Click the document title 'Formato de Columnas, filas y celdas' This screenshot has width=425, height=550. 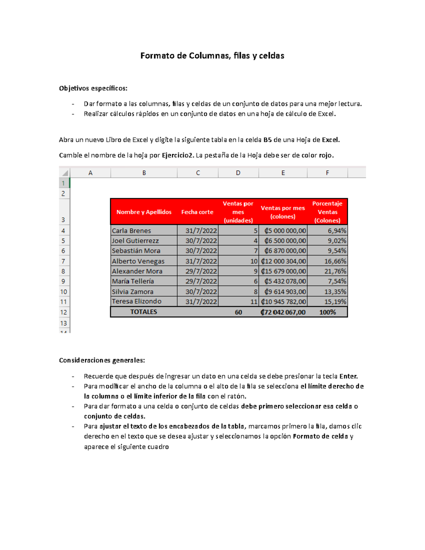(x=212, y=56)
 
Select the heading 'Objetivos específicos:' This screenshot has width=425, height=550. (x=93, y=88)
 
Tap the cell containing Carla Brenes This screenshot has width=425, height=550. (x=131, y=231)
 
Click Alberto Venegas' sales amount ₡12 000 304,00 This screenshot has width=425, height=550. (x=283, y=261)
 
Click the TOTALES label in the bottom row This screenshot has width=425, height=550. (x=143, y=312)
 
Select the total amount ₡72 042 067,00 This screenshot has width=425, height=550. (x=283, y=312)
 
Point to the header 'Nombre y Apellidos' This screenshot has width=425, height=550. (x=144, y=212)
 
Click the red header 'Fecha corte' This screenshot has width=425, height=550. (x=197, y=212)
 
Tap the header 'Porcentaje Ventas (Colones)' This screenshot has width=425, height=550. (x=327, y=212)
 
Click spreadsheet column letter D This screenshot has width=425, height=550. (x=238, y=173)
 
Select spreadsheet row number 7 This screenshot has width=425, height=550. (x=63, y=261)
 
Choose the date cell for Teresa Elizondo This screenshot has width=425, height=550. (x=201, y=301)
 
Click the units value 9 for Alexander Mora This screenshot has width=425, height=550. (x=255, y=271)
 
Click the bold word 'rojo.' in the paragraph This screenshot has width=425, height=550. (x=326, y=155)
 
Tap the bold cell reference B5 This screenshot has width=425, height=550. (x=267, y=140)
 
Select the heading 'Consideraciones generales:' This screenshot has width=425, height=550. (x=102, y=360)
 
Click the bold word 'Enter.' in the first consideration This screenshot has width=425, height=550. (x=348, y=376)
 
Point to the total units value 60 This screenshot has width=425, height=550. (x=238, y=312)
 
